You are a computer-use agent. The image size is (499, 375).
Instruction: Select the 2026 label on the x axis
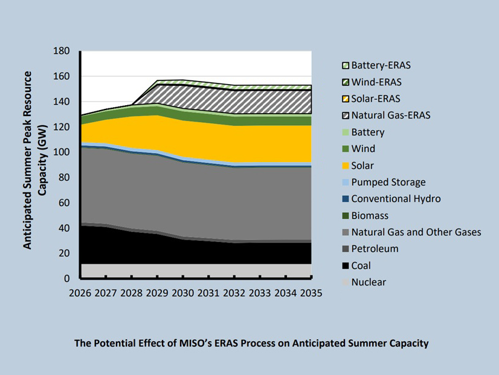pyautogui.click(x=80, y=293)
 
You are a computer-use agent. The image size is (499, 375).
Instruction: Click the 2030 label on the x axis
pyautogui.click(x=183, y=293)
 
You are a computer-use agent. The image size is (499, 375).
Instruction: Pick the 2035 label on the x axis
pyautogui.click(x=311, y=293)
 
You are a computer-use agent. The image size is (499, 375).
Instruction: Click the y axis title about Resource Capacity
pyautogui.click(x=35, y=160)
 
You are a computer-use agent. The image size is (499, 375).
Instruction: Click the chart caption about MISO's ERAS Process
pyautogui.click(x=251, y=343)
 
